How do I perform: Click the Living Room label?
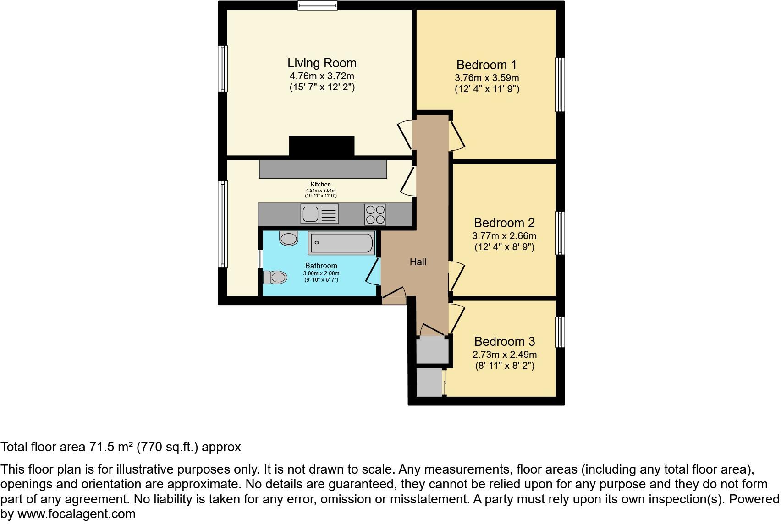click(322, 63)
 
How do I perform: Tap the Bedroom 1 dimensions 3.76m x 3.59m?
click(487, 78)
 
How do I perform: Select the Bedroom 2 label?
click(504, 223)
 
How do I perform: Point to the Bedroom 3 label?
click(505, 342)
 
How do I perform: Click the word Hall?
click(418, 262)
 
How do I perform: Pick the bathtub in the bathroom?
click(342, 243)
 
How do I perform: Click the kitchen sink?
click(311, 213)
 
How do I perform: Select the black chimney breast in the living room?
click(322, 146)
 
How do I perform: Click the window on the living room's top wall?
click(317, 5)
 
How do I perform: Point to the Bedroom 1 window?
click(560, 84)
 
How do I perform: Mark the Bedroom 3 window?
click(560, 332)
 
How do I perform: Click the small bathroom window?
click(260, 259)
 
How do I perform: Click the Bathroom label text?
click(321, 266)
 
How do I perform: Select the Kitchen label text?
click(321, 185)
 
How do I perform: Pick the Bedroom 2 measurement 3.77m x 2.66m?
click(504, 236)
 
